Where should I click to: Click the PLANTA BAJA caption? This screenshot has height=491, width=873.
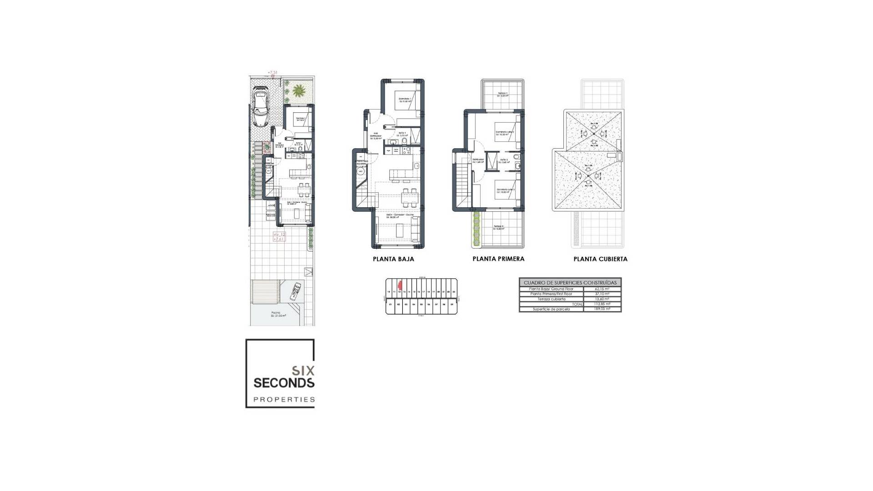[x=393, y=259]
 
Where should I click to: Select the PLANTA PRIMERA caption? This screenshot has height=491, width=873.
[x=498, y=259]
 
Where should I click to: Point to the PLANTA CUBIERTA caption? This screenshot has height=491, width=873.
[x=600, y=259]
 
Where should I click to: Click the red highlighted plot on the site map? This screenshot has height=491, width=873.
[x=400, y=285]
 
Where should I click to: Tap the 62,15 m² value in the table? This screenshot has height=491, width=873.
[x=602, y=289]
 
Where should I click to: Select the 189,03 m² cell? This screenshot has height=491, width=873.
[x=602, y=309]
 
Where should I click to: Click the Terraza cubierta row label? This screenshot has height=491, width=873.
[x=551, y=299]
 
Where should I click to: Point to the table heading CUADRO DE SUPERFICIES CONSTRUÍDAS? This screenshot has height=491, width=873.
[x=570, y=283]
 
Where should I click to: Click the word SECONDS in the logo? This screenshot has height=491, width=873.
[x=284, y=383]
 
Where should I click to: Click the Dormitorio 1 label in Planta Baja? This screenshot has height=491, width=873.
[x=405, y=100]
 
